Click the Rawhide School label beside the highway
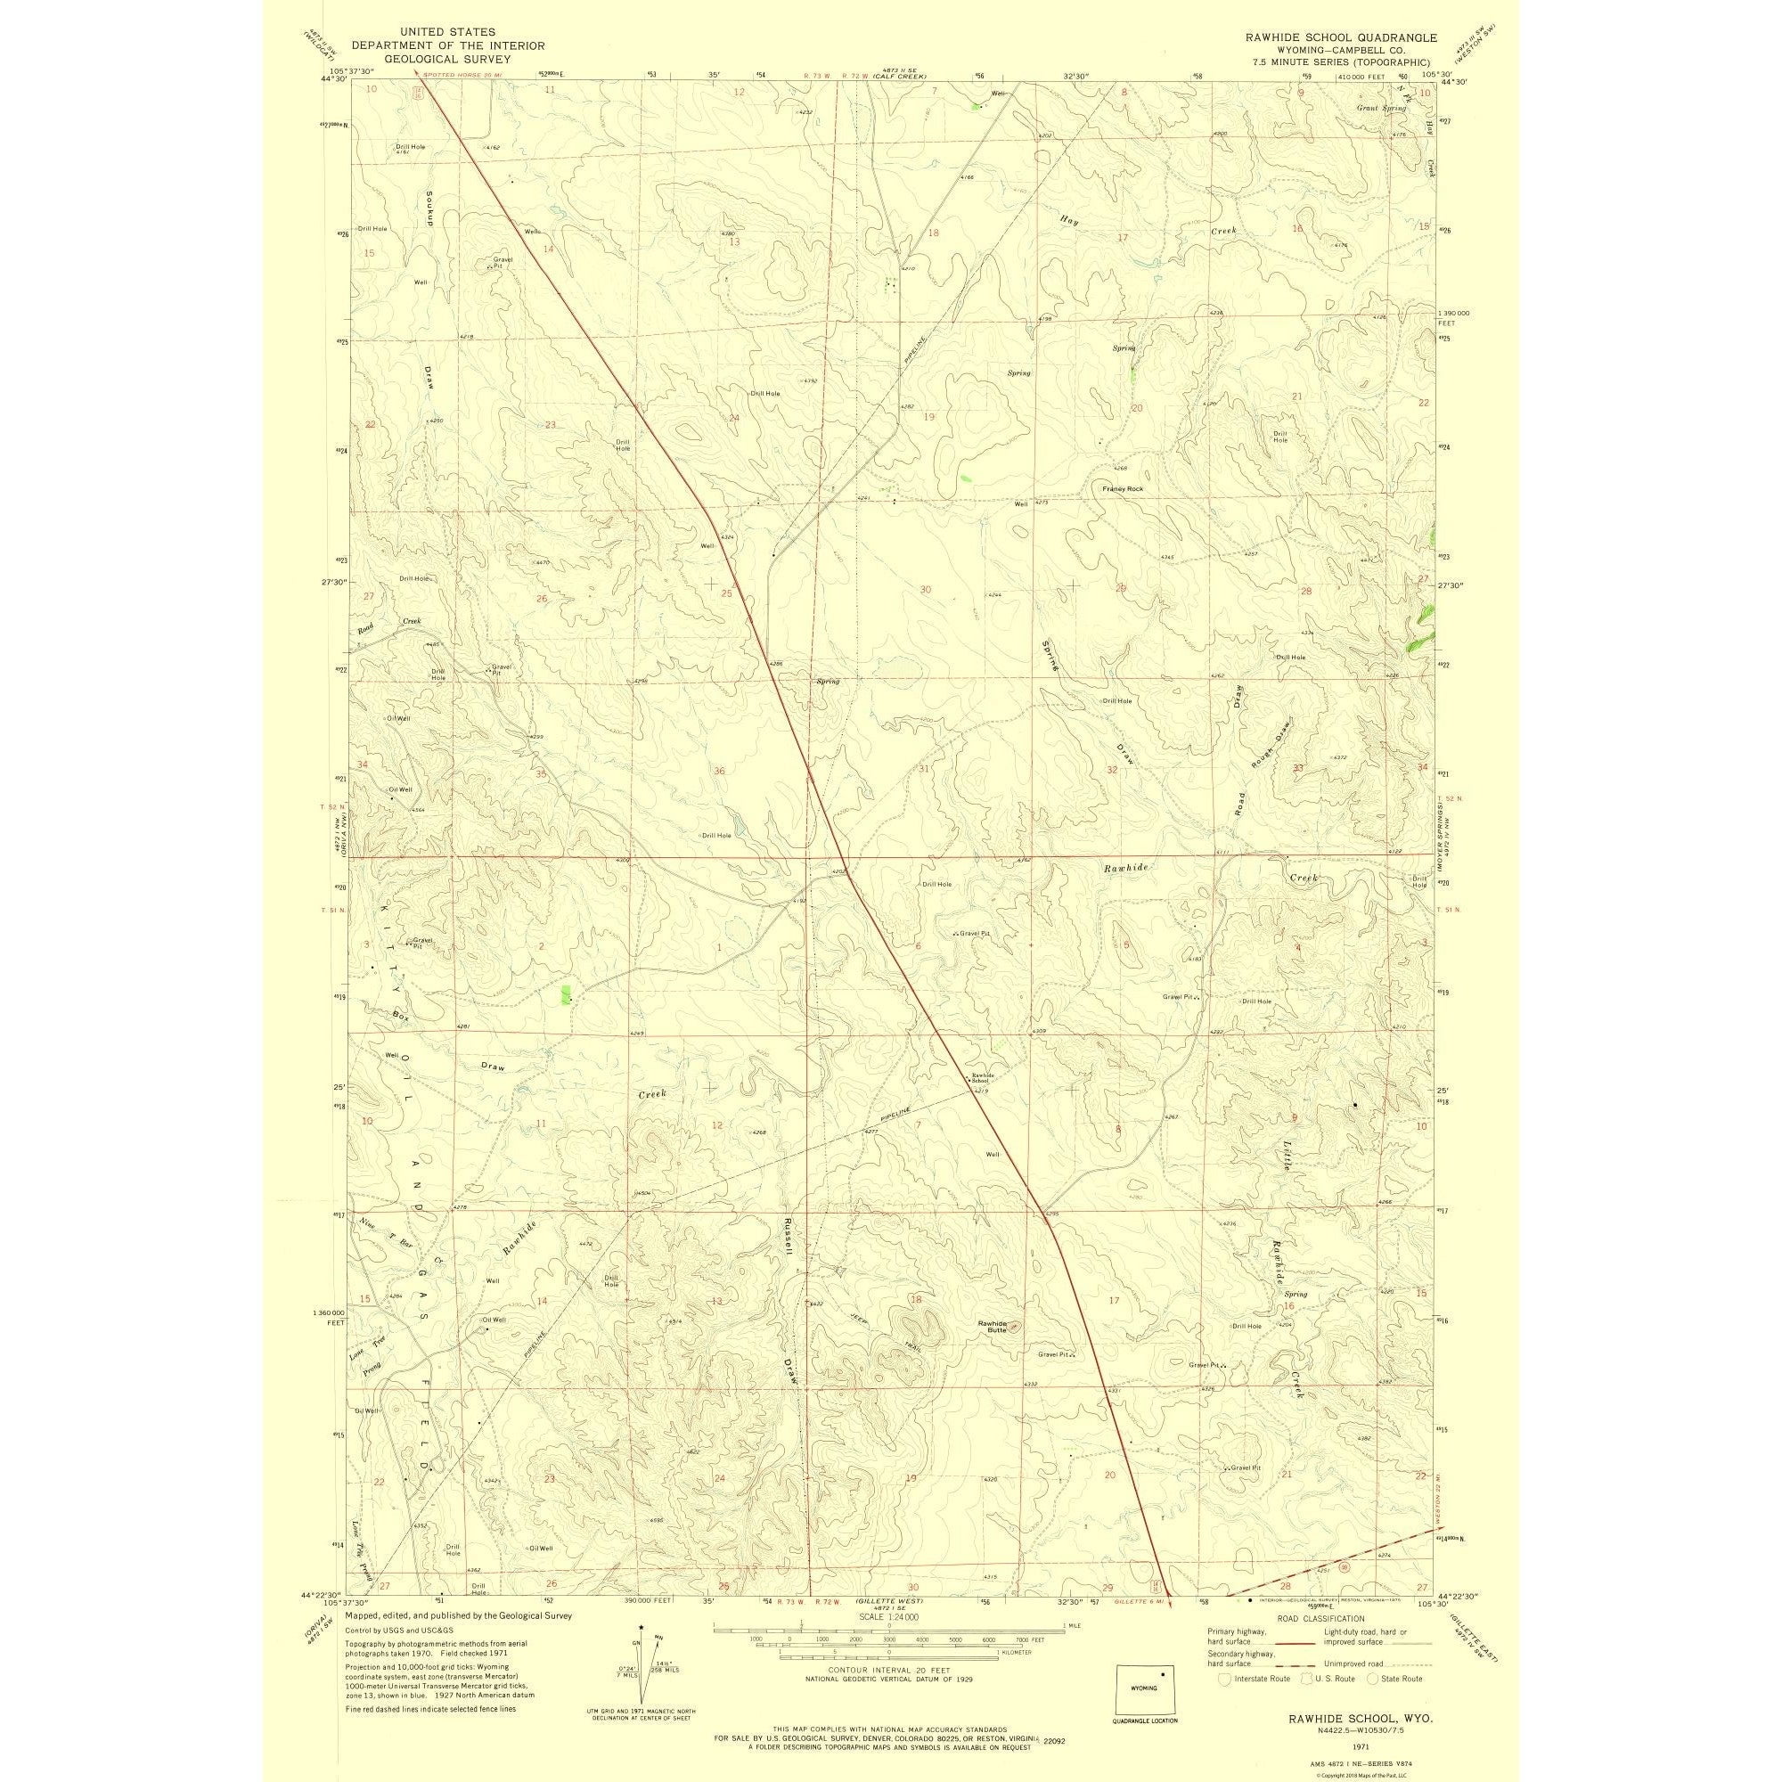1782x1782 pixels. click(980, 1077)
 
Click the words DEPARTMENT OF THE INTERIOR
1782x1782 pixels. click(448, 45)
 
